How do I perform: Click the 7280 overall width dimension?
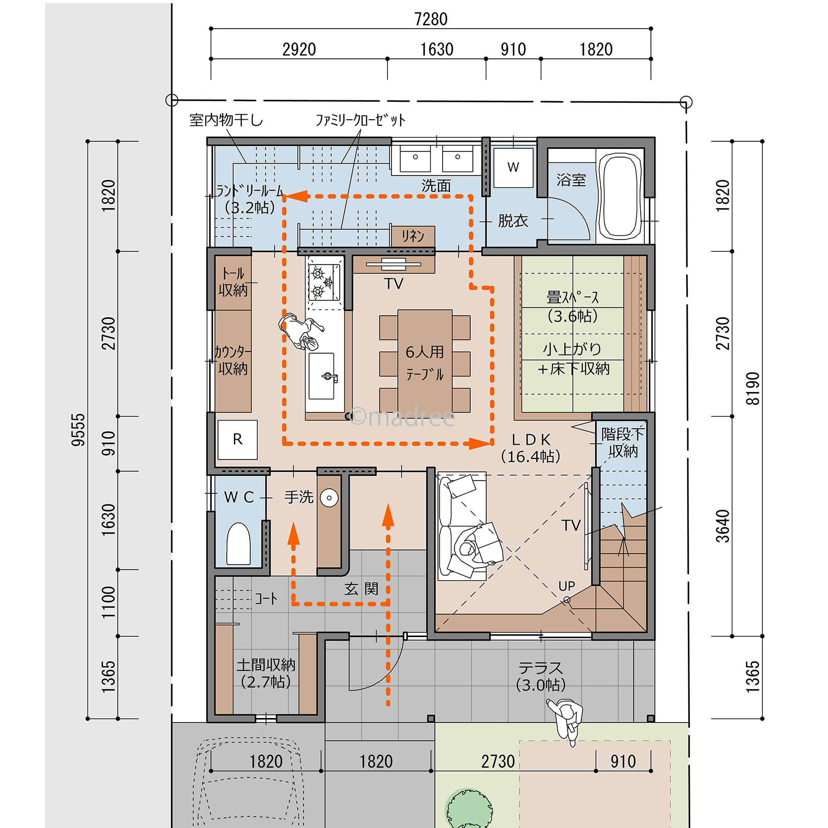(431, 19)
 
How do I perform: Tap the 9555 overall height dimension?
(78, 430)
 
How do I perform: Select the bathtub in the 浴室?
(620, 196)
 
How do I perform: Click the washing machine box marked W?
(513, 167)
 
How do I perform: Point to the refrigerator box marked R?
(237, 439)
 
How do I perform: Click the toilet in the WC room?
(238, 543)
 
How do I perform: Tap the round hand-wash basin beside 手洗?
(329, 497)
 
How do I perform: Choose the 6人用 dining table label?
(425, 352)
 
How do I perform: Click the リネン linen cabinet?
(413, 236)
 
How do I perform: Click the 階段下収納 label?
(623, 443)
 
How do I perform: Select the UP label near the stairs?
(566, 586)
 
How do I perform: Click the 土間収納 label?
(266, 665)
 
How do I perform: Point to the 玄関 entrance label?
(361, 589)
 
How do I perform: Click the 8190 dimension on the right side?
(753, 389)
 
